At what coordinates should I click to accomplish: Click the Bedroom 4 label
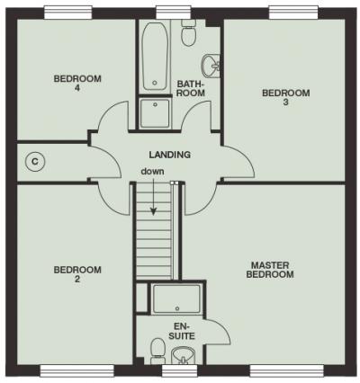pyautogui.click(x=77, y=84)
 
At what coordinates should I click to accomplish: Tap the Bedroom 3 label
pyautogui.click(x=286, y=97)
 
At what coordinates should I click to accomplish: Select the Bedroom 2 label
pyautogui.click(x=77, y=274)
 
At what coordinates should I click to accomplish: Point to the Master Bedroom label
pyautogui.click(x=270, y=270)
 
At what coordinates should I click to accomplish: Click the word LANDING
pyautogui.click(x=170, y=155)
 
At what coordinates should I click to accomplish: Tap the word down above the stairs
pyautogui.click(x=153, y=172)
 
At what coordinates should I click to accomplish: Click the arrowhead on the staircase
pyautogui.click(x=153, y=211)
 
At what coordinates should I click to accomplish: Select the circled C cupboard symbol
pyautogui.click(x=35, y=162)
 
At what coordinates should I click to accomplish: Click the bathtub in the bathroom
pyautogui.click(x=155, y=56)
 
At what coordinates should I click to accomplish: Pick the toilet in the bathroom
pyautogui.click(x=188, y=33)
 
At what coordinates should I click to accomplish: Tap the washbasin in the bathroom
pyautogui.click(x=211, y=66)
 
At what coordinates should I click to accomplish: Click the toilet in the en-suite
pyautogui.click(x=157, y=352)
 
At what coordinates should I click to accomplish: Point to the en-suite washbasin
pyautogui.click(x=183, y=356)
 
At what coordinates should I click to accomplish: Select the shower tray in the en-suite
pyautogui.click(x=176, y=299)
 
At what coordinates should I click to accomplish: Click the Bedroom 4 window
pyautogui.click(x=68, y=13)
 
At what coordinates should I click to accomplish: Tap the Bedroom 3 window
pyautogui.click(x=293, y=13)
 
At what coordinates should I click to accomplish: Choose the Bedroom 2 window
pyautogui.click(x=77, y=370)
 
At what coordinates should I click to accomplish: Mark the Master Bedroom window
pyautogui.click(x=287, y=370)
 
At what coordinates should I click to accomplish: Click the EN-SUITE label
pyautogui.click(x=182, y=331)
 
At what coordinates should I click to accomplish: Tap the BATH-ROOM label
pyautogui.click(x=191, y=88)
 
